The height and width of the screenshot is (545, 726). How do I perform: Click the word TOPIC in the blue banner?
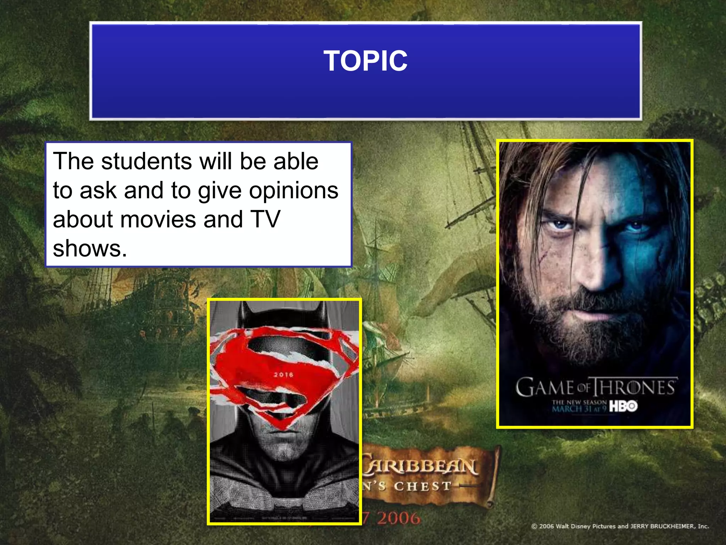[x=365, y=61]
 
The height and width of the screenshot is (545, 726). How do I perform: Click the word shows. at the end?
[x=90, y=248]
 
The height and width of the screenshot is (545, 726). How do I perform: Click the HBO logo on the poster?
[x=623, y=406]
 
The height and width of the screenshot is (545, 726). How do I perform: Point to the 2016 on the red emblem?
[x=284, y=375]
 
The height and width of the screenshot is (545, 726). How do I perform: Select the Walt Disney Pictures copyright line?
[x=620, y=526]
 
